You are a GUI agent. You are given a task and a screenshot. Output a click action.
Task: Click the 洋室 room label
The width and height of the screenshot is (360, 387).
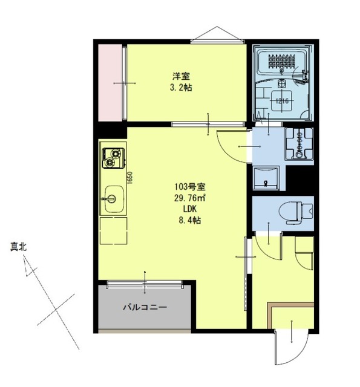pyautogui.click(x=181, y=76)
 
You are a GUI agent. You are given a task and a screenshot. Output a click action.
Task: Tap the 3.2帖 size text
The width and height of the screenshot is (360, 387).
pyautogui.click(x=181, y=87)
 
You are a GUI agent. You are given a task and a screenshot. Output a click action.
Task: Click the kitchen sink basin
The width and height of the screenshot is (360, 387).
pyautogui.click(x=113, y=199)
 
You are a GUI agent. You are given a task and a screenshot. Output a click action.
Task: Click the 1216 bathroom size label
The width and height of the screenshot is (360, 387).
pyautogui.click(x=281, y=100)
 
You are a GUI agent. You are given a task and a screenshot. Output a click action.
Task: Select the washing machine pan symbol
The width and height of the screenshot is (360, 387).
pyautogui.click(x=298, y=144)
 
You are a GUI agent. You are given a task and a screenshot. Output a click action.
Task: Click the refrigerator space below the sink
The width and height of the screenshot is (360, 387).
pyautogui.click(x=113, y=230)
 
